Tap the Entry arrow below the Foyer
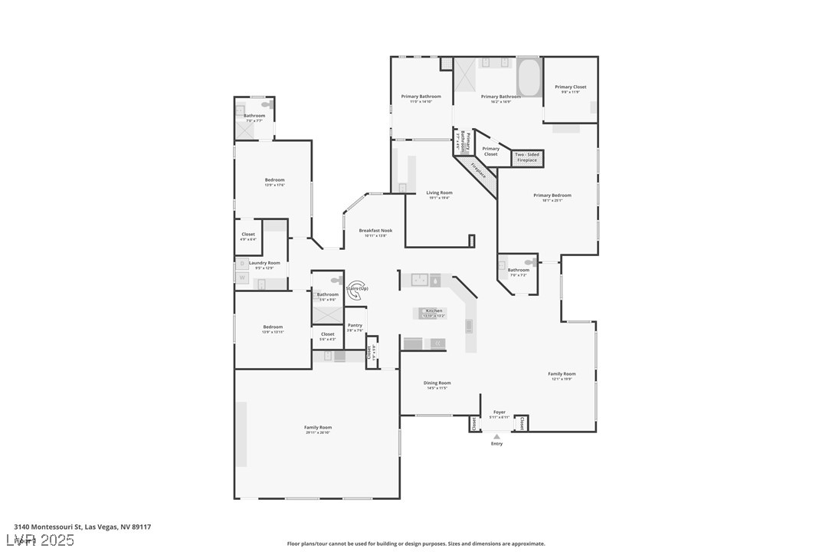pos(496,437)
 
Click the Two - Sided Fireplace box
pos(527,157)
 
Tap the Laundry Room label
pos(264,263)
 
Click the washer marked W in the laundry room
pos(242,277)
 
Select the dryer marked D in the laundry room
pos(242,263)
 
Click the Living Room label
pos(439,192)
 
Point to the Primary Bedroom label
pos(552,195)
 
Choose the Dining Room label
pos(437,383)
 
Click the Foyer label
pos(500,412)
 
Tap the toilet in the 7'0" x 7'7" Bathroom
pos(267,104)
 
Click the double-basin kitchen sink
pos(420,280)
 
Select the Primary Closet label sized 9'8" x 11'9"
pos(570,87)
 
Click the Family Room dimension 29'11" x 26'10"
pos(317,433)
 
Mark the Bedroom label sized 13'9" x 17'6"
pos(274,180)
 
